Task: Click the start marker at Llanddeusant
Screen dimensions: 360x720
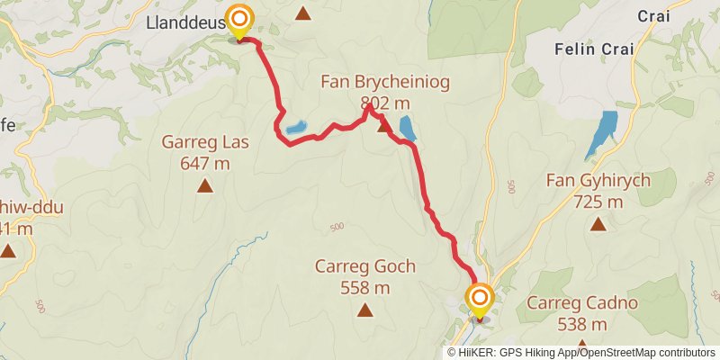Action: click(x=239, y=20)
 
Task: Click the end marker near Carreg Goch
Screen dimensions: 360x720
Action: click(x=479, y=298)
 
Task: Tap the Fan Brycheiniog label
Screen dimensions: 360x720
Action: click(x=385, y=83)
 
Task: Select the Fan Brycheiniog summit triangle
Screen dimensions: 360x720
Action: click(x=384, y=127)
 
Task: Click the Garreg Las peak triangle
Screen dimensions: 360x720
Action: click(x=205, y=186)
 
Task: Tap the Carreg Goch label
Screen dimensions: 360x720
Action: click(x=364, y=266)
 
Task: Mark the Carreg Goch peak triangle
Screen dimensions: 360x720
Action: click(x=364, y=310)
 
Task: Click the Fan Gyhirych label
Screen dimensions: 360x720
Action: click(x=598, y=181)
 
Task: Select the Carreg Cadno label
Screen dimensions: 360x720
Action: click(x=582, y=303)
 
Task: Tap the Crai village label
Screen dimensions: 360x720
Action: click(x=654, y=15)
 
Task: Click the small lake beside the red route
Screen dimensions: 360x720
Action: click(x=296, y=129)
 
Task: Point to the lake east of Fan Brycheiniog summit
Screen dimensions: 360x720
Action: click(x=407, y=129)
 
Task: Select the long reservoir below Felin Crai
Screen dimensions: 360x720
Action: click(x=600, y=135)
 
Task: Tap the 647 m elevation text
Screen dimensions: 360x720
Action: click(x=204, y=163)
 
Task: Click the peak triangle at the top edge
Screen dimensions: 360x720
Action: click(x=303, y=13)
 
